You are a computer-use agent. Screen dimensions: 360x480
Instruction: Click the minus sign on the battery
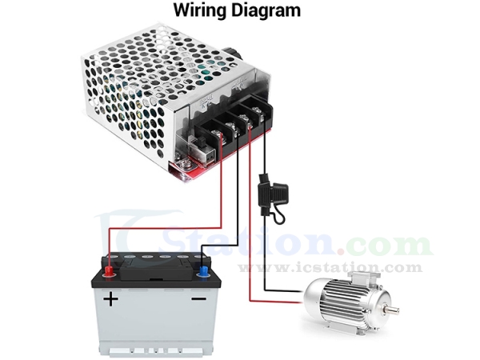coord(199,299)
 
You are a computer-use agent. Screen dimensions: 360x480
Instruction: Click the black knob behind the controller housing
coord(235,55)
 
